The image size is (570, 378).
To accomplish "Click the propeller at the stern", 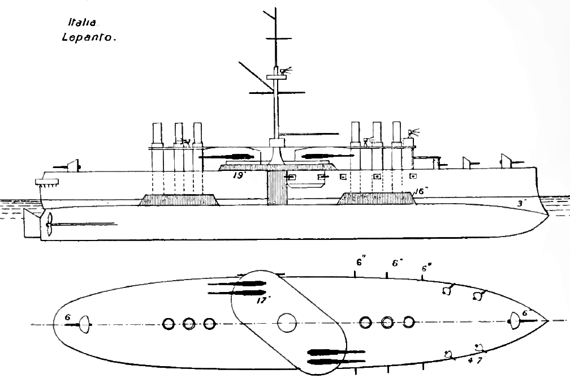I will click(x=50, y=225).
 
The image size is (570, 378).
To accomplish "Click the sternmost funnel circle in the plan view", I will click(x=168, y=324).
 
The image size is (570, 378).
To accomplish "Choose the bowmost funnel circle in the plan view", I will click(x=409, y=323).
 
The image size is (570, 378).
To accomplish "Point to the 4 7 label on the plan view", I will click(x=475, y=360).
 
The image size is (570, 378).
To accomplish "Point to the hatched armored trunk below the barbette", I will click(x=277, y=187).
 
